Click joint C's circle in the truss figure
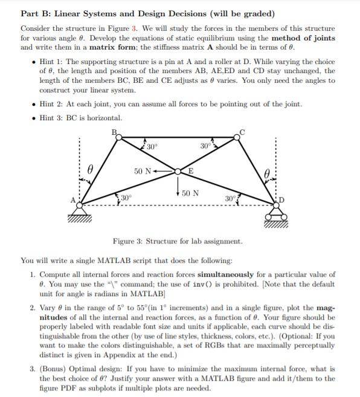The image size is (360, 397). tap(237, 137)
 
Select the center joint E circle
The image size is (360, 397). tap(178, 172)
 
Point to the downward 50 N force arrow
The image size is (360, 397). tap(178, 187)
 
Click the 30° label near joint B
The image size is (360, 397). tap(152, 147)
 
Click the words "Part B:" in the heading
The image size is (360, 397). tap(37, 13)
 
